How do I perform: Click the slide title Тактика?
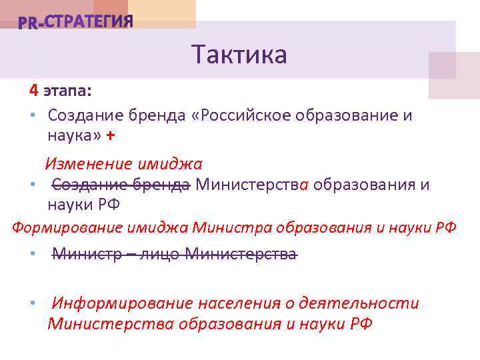click(239, 55)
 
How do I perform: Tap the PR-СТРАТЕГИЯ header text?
click(75, 22)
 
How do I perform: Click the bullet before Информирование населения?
click(32, 304)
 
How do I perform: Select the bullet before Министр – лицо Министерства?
click(32, 255)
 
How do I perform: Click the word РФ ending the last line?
click(360, 324)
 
